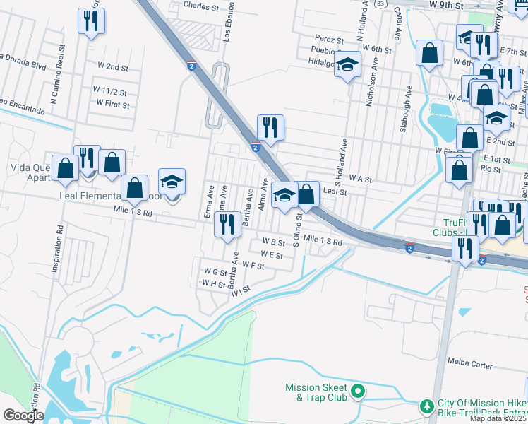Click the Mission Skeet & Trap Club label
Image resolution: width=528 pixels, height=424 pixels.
316,392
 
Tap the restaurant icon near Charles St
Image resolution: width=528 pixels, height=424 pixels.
90,21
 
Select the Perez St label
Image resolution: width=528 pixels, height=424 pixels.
329,39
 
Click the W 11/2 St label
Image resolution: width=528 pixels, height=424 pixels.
110,92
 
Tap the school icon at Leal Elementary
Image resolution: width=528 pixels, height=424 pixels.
172,182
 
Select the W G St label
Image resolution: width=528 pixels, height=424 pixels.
215,271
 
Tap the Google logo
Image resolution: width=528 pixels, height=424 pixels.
23,416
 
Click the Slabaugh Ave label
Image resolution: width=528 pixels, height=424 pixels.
408,109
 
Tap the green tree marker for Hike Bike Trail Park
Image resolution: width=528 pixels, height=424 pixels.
426,406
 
